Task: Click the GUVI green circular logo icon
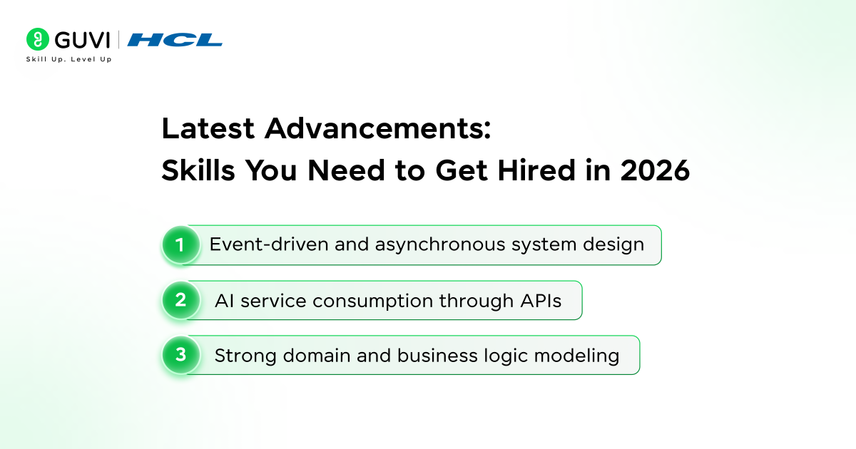coord(37,39)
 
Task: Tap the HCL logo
coord(175,40)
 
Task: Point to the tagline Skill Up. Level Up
coord(68,59)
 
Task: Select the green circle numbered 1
coord(180,245)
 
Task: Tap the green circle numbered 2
coord(180,300)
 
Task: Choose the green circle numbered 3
coord(180,355)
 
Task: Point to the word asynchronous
coord(429,244)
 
